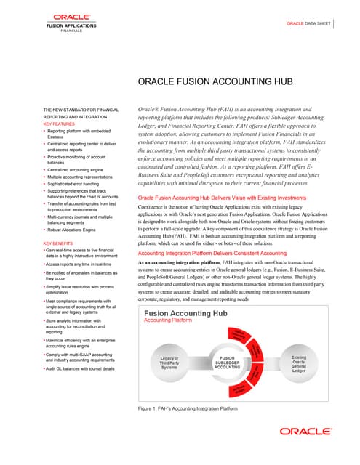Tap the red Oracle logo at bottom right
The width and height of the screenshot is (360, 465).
click(305, 430)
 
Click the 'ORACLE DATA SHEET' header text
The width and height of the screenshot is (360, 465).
click(308, 24)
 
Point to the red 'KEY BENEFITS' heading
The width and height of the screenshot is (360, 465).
click(58, 243)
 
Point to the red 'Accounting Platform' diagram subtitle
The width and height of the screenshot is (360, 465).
click(173, 320)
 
